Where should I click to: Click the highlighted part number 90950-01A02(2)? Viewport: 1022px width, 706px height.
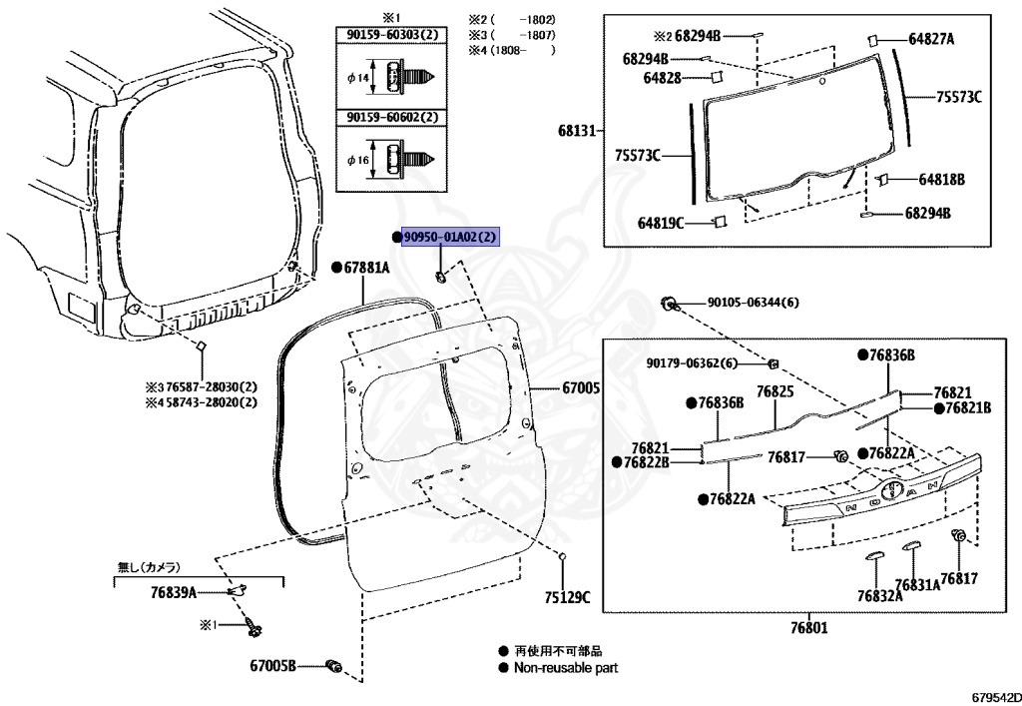point(449,237)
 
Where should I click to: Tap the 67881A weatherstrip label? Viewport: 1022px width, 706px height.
point(366,268)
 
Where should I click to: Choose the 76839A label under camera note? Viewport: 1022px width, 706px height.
point(173,592)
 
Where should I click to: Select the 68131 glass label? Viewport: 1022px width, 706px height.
point(577,131)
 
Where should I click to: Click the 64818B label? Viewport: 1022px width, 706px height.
point(941,180)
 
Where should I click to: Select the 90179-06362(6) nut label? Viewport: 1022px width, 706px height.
point(691,362)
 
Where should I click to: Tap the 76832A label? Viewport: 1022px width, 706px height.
point(878,595)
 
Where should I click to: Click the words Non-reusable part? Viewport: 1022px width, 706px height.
point(566,668)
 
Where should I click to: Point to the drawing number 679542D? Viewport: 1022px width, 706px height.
point(992,695)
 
